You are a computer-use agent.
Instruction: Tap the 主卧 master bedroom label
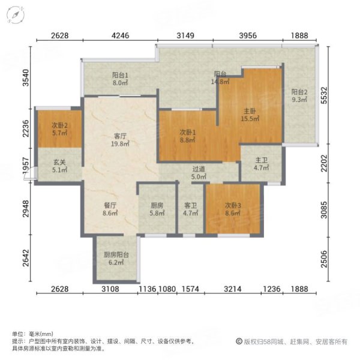pos(250,111)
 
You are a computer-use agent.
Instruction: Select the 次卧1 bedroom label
pos(188,133)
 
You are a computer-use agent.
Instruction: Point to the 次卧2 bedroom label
pos(58,125)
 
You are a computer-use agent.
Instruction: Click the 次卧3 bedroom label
pos(232,205)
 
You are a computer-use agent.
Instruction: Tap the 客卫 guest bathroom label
pos(190,205)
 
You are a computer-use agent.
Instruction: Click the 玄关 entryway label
pos(58,162)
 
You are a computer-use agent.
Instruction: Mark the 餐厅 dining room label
pos(109,205)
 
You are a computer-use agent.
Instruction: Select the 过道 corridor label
pos(199,170)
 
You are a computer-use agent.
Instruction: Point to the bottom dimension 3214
pos(232,290)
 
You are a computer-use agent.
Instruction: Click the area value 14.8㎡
pos(221,82)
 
